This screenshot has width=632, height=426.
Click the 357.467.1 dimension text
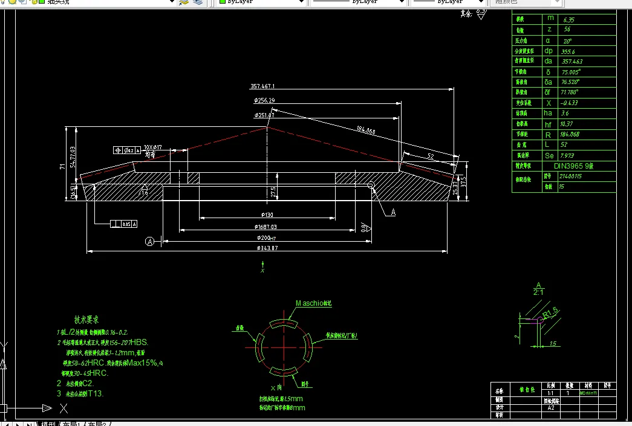(x=266, y=86)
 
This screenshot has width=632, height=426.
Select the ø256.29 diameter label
(x=265, y=100)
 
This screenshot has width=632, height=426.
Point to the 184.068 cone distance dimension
(x=366, y=131)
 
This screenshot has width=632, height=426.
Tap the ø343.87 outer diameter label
(x=267, y=248)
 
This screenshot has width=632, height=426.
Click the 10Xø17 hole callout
(x=157, y=147)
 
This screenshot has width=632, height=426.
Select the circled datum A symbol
(x=150, y=242)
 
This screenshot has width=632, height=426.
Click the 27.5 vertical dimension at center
(x=274, y=192)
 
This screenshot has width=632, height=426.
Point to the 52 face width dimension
(x=430, y=156)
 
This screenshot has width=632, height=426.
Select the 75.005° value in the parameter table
(x=571, y=71)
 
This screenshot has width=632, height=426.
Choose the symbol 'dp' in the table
(x=549, y=51)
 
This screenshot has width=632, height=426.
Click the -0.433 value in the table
(x=570, y=103)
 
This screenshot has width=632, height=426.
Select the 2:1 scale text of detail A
(x=538, y=292)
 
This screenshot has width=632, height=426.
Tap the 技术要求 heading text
(x=86, y=320)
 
